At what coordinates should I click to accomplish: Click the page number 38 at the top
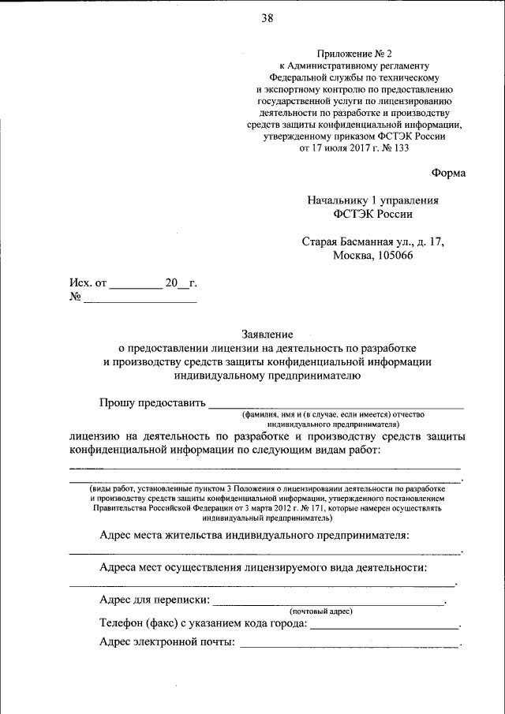(x=267, y=19)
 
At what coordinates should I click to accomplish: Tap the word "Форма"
(x=448, y=173)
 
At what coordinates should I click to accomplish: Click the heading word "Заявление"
(x=267, y=334)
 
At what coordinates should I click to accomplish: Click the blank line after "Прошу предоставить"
(x=335, y=406)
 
